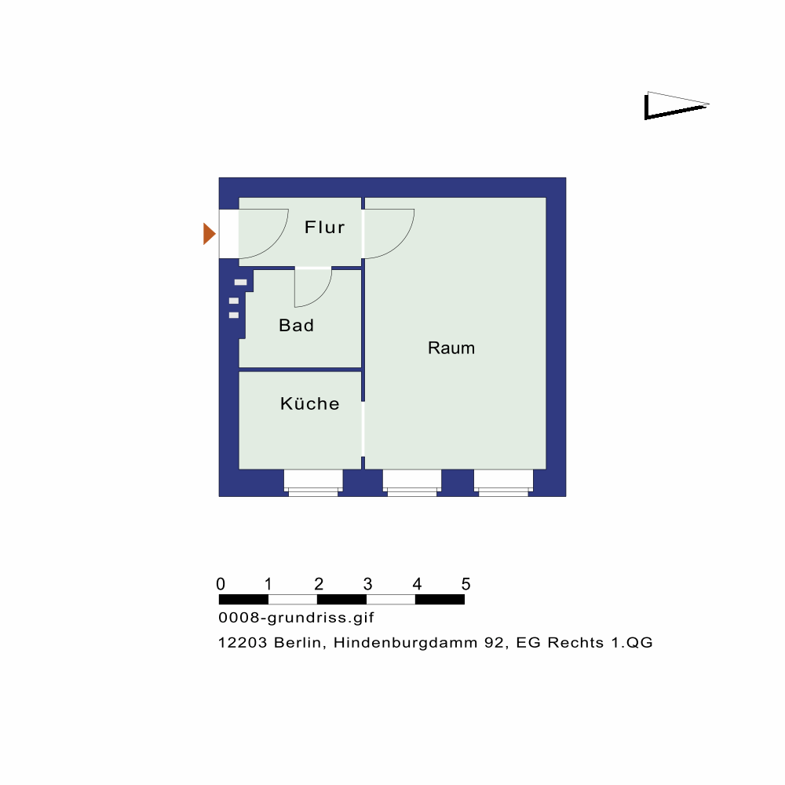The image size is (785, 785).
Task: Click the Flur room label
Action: pos(324,228)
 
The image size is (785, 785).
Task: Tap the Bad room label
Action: pos(297,326)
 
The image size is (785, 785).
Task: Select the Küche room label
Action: pos(310,403)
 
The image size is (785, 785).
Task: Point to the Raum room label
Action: pos(451,348)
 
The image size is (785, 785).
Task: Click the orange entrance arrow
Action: pos(210,234)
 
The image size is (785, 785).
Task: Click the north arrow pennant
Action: pos(676,106)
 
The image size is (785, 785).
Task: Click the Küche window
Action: pos(313,483)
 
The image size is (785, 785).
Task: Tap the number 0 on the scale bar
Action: pos(221,584)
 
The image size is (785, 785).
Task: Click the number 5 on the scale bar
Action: pos(466,584)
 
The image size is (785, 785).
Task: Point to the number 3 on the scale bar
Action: pos(367,584)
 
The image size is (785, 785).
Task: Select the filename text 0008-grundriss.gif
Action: pos(297,618)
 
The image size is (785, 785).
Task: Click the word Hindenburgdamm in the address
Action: pos(406,642)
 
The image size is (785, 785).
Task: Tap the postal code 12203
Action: pos(243,642)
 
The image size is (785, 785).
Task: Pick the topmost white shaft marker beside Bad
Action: pos(240,283)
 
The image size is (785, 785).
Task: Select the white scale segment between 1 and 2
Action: pos(293,599)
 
